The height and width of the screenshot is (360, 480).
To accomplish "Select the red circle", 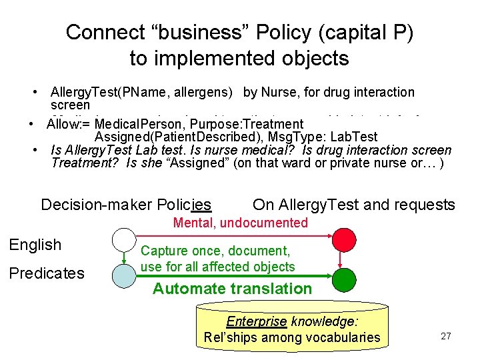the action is point(344,239).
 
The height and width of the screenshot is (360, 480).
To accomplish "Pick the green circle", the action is point(344,278).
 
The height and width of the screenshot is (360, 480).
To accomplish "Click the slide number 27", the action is point(445,336).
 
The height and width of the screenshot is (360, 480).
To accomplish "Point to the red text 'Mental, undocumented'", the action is point(241,223).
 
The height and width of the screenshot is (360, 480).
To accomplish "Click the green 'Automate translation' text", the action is point(232,289).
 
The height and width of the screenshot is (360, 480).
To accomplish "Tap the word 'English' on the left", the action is point(35,245).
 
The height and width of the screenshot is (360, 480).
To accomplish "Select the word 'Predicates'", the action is point(47,273).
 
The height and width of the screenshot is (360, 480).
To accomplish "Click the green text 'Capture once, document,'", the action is point(215,251).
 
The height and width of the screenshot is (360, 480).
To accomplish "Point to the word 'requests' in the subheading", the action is point(426,205).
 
